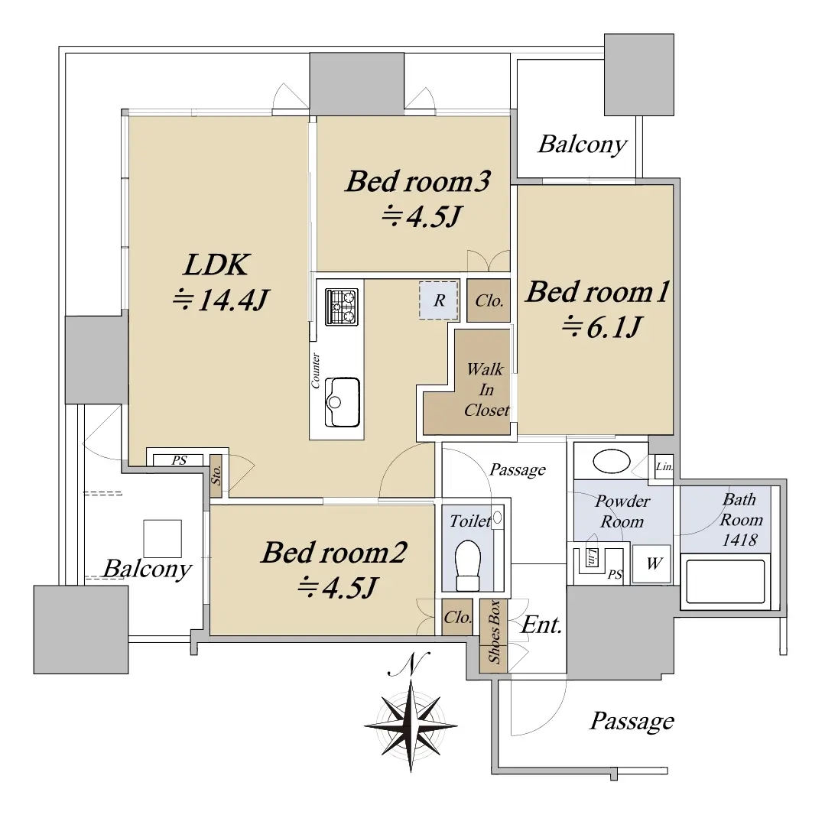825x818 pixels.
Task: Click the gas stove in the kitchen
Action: (342, 306)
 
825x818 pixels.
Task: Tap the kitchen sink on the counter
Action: (342, 402)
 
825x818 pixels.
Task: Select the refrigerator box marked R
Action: (439, 300)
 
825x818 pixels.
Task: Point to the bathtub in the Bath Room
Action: (726, 581)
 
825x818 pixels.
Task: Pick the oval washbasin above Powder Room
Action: (612, 461)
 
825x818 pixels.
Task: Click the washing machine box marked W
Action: (652, 563)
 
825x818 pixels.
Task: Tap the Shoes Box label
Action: (493, 631)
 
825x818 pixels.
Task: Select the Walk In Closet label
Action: (486, 390)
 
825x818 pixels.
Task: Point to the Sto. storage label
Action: (216, 476)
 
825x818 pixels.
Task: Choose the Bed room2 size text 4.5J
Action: (337, 588)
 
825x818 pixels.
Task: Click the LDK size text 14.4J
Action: (222, 300)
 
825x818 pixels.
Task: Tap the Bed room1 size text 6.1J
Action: (602, 327)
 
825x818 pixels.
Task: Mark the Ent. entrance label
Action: (541, 625)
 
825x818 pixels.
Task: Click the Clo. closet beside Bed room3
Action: (489, 300)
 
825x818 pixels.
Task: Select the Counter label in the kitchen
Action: (315, 370)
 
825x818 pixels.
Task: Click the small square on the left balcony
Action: (163, 539)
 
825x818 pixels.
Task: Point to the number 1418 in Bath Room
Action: (739, 540)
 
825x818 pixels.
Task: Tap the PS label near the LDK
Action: (179, 460)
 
